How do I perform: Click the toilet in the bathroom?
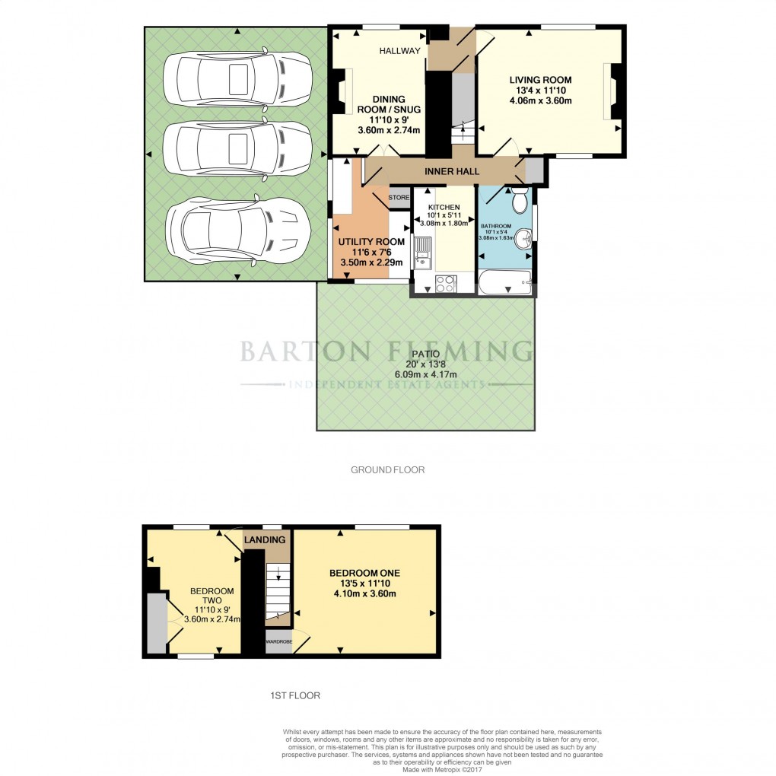pyautogui.click(x=520, y=202)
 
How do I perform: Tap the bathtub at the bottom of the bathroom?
pyautogui.click(x=506, y=285)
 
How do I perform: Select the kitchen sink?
pyautogui.click(x=422, y=254)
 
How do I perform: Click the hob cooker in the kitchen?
pyautogui.click(x=444, y=284)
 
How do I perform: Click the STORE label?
pyautogui.click(x=399, y=198)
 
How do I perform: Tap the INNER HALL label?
pyautogui.click(x=452, y=171)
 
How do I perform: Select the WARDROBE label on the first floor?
pyautogui.click(x=278, y=641)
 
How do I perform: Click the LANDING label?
pyautogui.click(x=266, y=539)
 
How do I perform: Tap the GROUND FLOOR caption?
pyautogui.click(x=387, y=469)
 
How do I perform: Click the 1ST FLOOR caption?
pyautogui.click(x=295, y=695)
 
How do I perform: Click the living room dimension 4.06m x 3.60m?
pyautogui.click(x=540, y=100)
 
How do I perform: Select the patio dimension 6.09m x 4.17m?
pyautogui.click(x=426, y=374)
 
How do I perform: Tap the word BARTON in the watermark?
pyautogui.click(x=306, y=351)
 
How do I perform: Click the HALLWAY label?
pyautogui.click(x=400, y=51)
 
